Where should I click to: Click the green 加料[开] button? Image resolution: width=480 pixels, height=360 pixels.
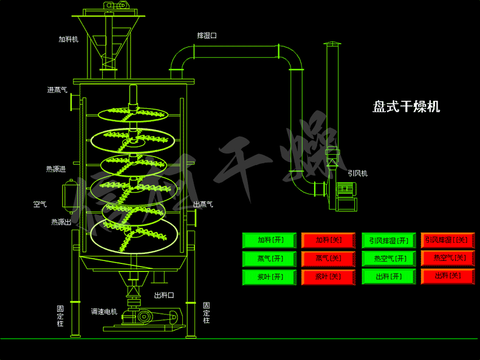(x=270, y=240)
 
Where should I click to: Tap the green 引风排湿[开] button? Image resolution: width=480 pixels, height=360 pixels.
(x=389, y=240)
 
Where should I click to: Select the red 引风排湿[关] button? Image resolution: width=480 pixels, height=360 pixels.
(x=448, y=240)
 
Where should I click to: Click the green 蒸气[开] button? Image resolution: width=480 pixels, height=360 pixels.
(x=270, y=259)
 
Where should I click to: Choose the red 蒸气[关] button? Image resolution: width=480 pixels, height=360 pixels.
(x=329, y=259)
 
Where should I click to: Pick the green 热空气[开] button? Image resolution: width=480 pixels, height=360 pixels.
(x=389, y=259)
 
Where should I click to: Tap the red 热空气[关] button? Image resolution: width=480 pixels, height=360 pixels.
(x=448, y=259)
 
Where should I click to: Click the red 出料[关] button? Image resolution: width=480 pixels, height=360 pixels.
(x=448, y=277)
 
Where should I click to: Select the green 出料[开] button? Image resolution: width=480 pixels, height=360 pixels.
(x=389, y=277)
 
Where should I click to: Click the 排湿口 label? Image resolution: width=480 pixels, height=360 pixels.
(x=207, y=36)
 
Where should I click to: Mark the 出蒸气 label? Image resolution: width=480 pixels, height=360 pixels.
(x=203, y=205)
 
